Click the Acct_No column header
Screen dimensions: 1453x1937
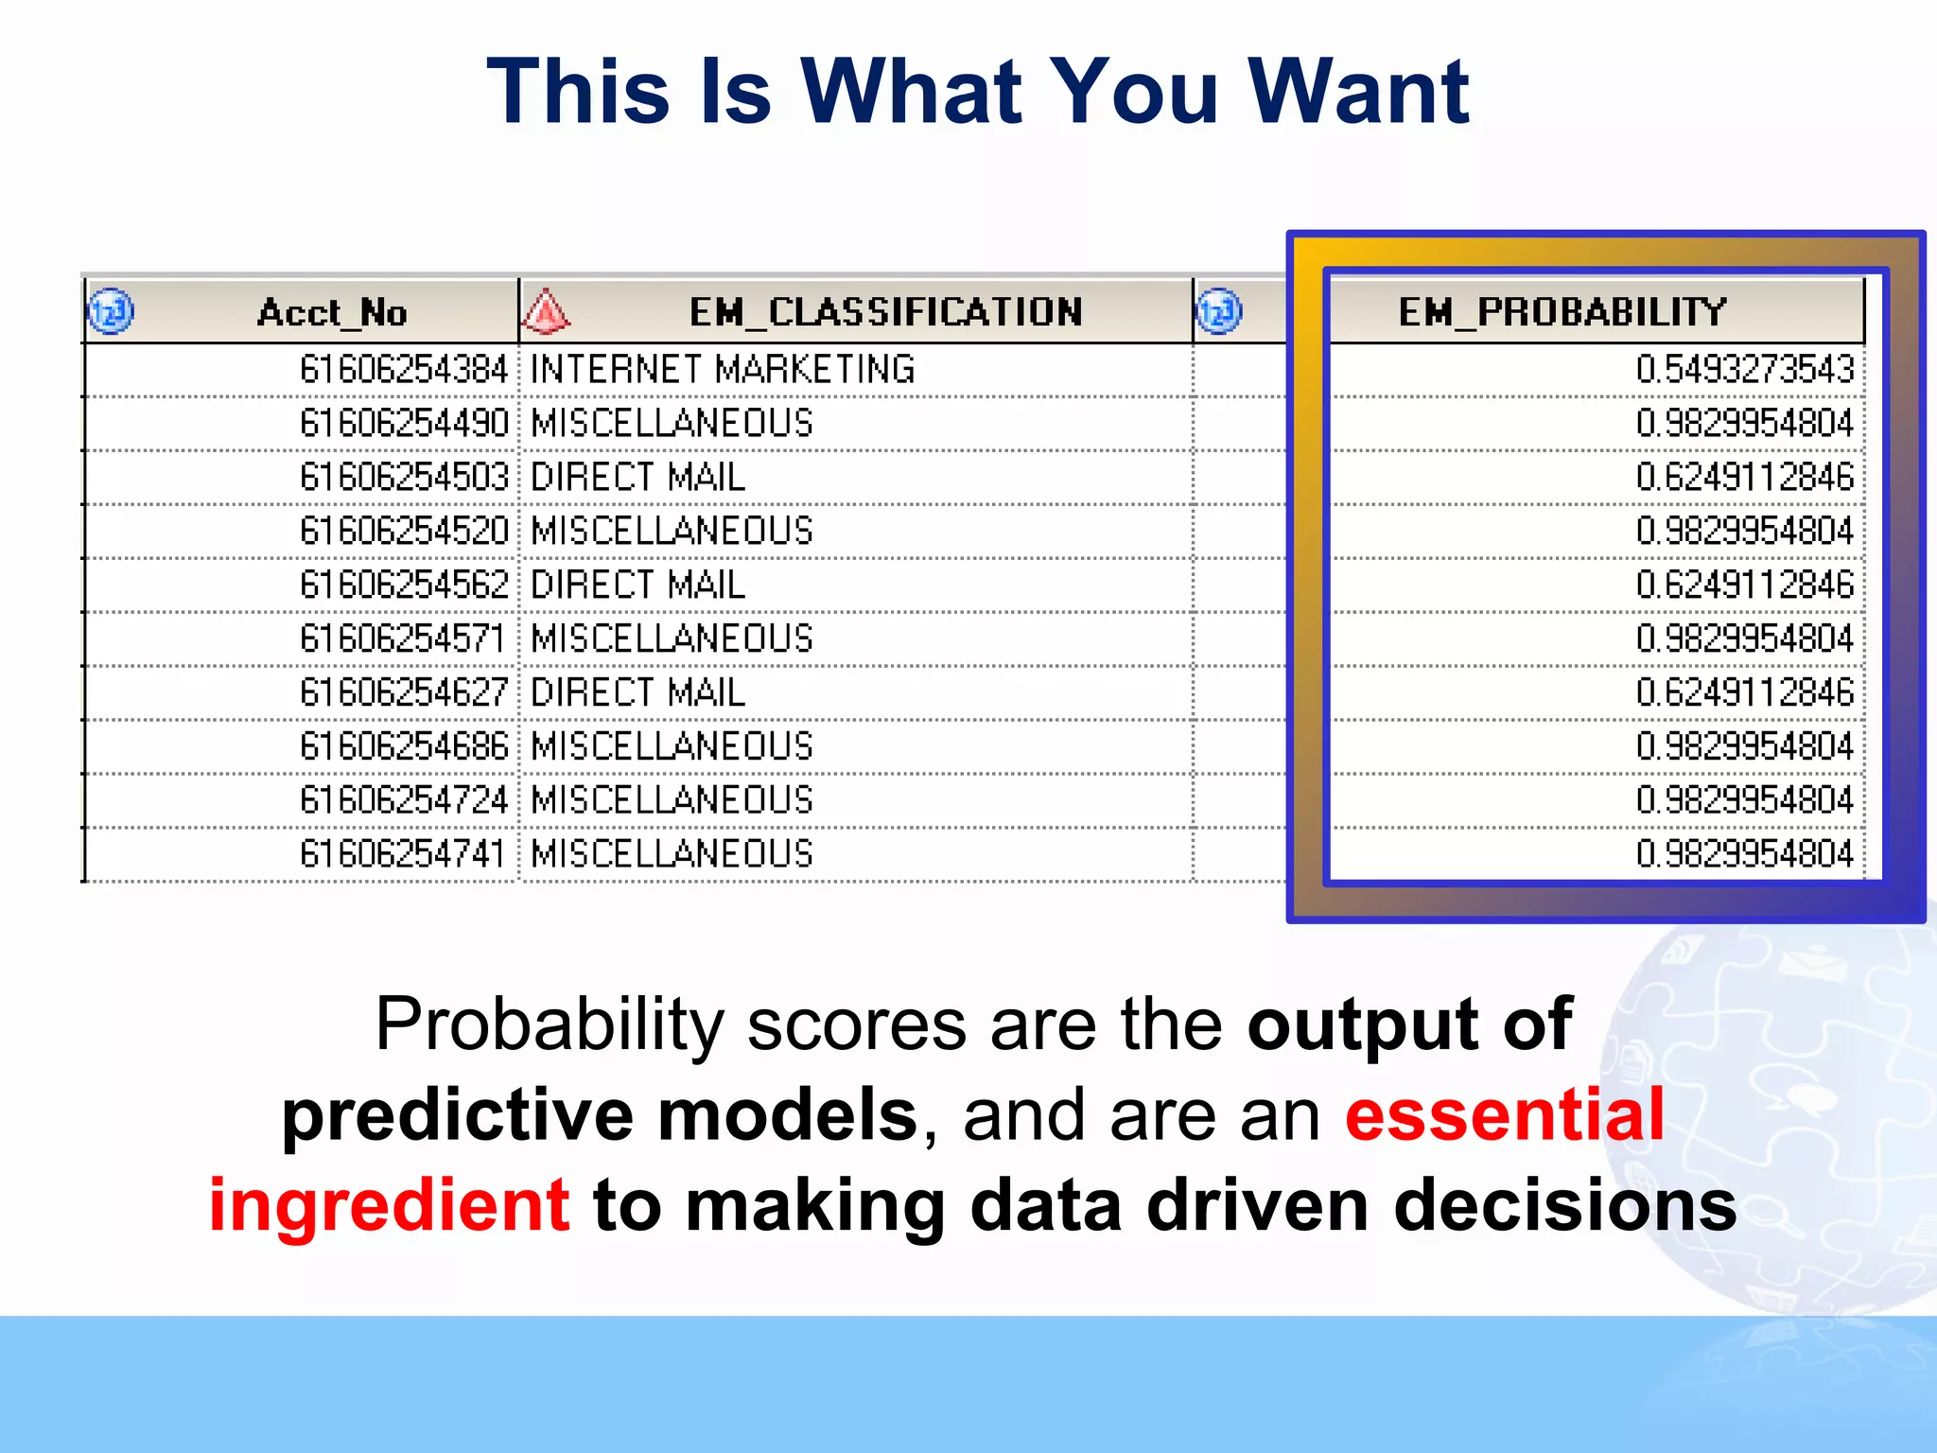[x=331, y=312]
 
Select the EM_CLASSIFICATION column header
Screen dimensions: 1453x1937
[x=885, y=312]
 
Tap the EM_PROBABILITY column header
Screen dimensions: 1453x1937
[x=1562, y=312]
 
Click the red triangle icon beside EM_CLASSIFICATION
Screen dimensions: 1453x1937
[x=547, y=312]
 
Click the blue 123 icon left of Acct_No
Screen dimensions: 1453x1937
[x=111, y=312]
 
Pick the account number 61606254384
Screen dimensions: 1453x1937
[x=404, y=369]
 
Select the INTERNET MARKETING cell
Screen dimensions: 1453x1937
[x=723, y=369]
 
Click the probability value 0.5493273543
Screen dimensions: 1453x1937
[x=1744, y=369]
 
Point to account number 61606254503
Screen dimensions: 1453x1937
[x=404, y=477]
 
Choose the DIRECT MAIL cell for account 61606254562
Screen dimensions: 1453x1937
[x=637, y=585]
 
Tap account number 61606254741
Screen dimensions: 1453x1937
[x=402, y=854]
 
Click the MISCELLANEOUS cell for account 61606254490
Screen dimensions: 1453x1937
[x=672, y=423]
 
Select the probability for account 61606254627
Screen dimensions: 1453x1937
[x=1744, y=692]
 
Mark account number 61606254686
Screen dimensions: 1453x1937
[x=404, y=746]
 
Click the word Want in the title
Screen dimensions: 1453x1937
[x=1358, y=92]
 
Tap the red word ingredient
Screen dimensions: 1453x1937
[x=389, y=1205]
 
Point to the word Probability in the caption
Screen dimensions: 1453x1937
[x=550, y=1025]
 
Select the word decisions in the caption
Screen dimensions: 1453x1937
[x=1565, y=1205]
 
